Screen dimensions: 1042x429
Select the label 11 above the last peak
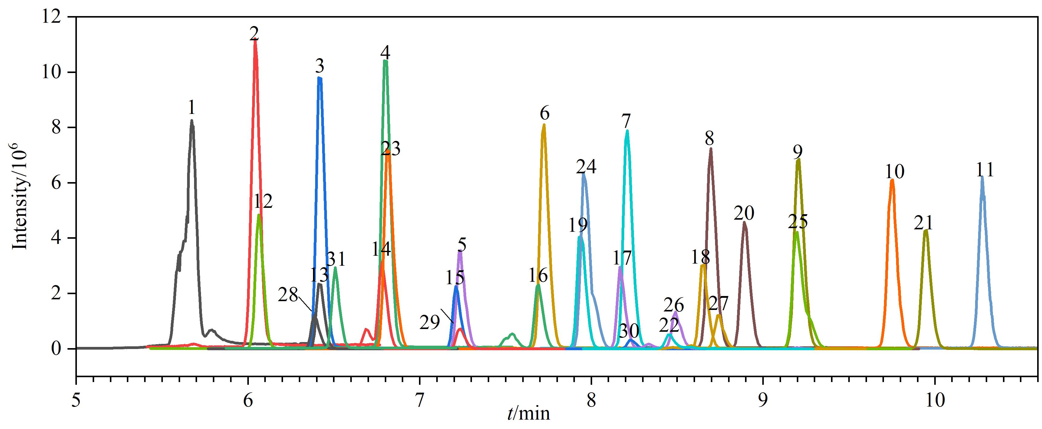pos(984,170)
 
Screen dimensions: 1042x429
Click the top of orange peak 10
pos(892,180)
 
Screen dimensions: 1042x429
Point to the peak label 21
pos(923,223)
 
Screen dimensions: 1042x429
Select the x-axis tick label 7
pos(420,400)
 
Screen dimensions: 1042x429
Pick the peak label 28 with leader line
pos(288,295)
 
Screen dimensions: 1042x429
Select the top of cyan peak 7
pos(627,131)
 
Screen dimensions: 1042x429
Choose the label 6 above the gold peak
pos(544,113)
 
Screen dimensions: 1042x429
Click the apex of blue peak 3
pos(320,78)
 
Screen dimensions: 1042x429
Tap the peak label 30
pos(629,331)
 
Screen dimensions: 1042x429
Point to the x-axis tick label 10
pos(935,400)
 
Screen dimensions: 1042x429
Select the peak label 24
pos(586,166)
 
